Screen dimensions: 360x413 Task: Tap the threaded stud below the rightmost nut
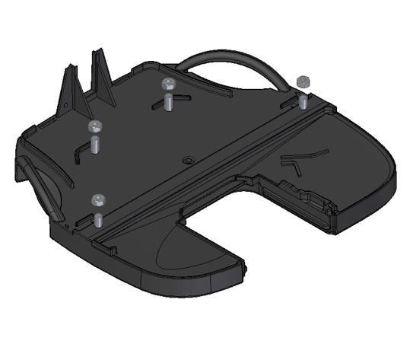click(303, 100)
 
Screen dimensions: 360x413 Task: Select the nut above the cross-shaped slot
click(167, 82)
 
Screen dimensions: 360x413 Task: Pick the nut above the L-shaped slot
click(95, 126)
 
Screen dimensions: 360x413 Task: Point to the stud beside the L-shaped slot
click(96, 145)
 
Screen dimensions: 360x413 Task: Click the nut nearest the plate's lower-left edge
click(98, 200)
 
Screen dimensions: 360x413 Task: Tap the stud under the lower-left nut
click(99, 218)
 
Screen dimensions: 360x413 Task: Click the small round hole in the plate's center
click(187, 161)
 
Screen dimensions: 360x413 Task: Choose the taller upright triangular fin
click(102, 76)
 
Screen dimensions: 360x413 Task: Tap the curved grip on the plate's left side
click(43, 183)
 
